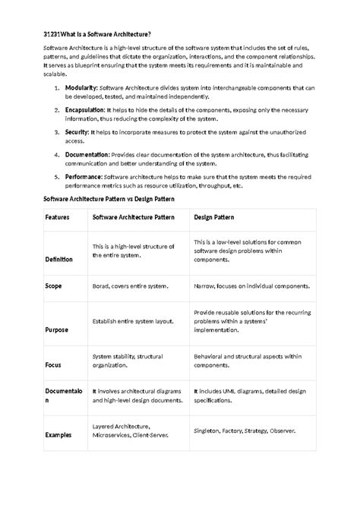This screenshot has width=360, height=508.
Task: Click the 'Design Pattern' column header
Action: tap(214, 217)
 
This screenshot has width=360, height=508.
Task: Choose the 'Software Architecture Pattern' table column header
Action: tap(134, 217)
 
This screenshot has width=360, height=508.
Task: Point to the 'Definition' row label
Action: tap(59, 259)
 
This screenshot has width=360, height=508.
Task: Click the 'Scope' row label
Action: tap(53, 286)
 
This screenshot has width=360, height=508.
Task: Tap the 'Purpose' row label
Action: tap(57, 330)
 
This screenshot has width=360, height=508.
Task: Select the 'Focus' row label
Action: tap(53, 364)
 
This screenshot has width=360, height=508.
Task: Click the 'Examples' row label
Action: tap(58, 435)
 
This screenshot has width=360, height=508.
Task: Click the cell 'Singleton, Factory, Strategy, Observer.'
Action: tap(244, 431)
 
